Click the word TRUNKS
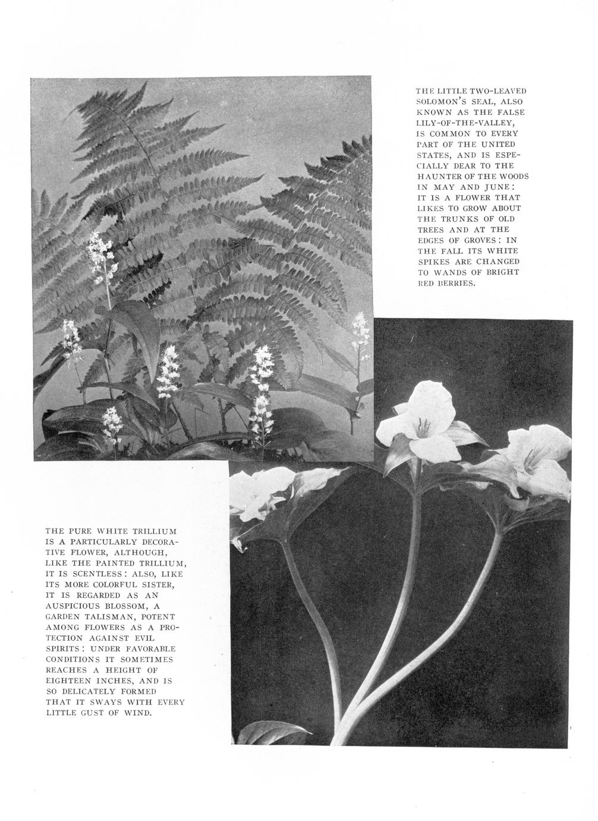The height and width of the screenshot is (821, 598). tap(457, 219)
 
